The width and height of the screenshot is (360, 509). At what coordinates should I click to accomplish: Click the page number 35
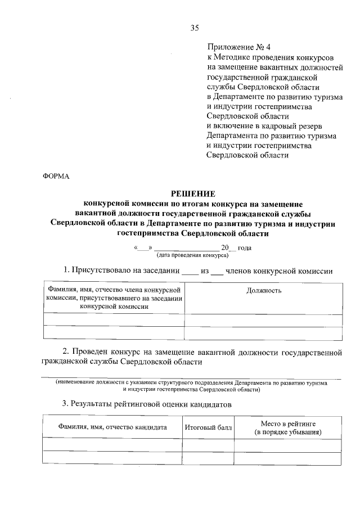point(195,26)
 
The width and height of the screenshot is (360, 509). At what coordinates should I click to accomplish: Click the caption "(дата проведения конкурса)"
point(193,255)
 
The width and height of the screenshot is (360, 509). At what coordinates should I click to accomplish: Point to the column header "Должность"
point(264,290)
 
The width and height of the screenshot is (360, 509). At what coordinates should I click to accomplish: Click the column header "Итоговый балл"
point(208,427)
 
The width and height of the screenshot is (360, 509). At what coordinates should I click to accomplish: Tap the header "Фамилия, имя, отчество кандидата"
point(112,427)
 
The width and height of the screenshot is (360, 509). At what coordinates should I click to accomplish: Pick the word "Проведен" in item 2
point(91,353)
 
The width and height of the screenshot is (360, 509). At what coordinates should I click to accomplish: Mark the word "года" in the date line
point(245,248)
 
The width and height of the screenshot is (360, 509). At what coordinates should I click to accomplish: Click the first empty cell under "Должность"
point(263,320)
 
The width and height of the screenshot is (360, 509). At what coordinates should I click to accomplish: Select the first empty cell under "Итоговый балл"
point(208,445)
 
